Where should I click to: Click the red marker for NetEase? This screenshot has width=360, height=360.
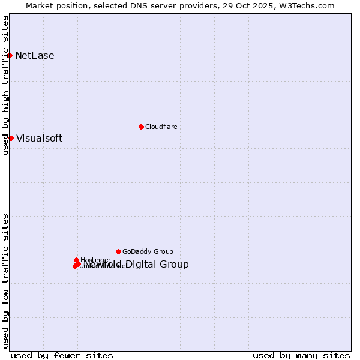(x=10, y=55)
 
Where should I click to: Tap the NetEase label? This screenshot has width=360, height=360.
(x=35, y=56)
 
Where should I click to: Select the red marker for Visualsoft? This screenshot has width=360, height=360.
(x=11, y=138)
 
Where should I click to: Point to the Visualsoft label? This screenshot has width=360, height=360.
(x=39, y=139)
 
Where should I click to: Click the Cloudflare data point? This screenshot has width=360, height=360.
(x=141, y=127)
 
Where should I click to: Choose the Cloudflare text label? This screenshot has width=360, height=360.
(x=161, y=127)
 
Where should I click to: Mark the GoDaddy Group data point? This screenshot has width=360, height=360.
(x=118, y=251)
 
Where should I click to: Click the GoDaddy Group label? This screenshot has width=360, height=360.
(x=148, y=252)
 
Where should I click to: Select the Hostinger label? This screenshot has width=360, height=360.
(x=95, y=260)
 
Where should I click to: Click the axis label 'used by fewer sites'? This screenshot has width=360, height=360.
(x=62, y=355)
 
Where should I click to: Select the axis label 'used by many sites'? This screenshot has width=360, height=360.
(x=301, y=355)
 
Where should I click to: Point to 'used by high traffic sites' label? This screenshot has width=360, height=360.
(x=5, y=85)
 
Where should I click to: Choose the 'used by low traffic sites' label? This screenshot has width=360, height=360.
(x=5, y=281)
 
